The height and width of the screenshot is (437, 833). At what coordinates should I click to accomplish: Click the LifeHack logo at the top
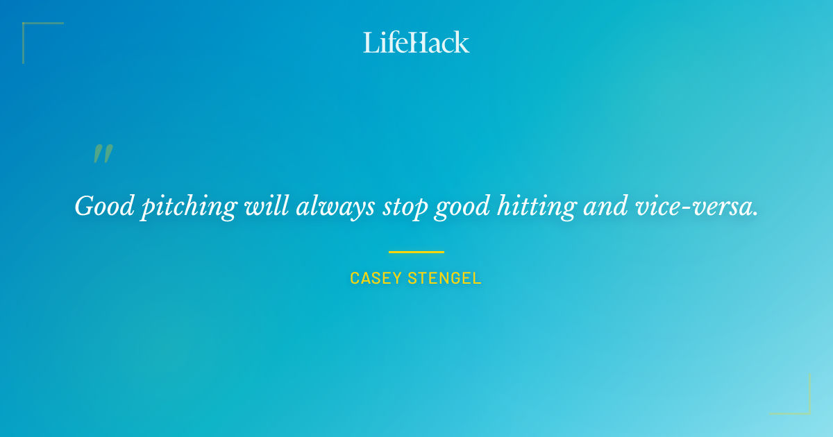[416, 42]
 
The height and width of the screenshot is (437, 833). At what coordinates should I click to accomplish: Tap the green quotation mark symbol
[103, 154]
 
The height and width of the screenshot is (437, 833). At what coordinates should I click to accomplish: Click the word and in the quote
[600, 206]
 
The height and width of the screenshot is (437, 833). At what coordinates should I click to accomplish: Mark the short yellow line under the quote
[416, 252]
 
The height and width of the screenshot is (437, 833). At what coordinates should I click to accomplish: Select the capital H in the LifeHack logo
[416, 42]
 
